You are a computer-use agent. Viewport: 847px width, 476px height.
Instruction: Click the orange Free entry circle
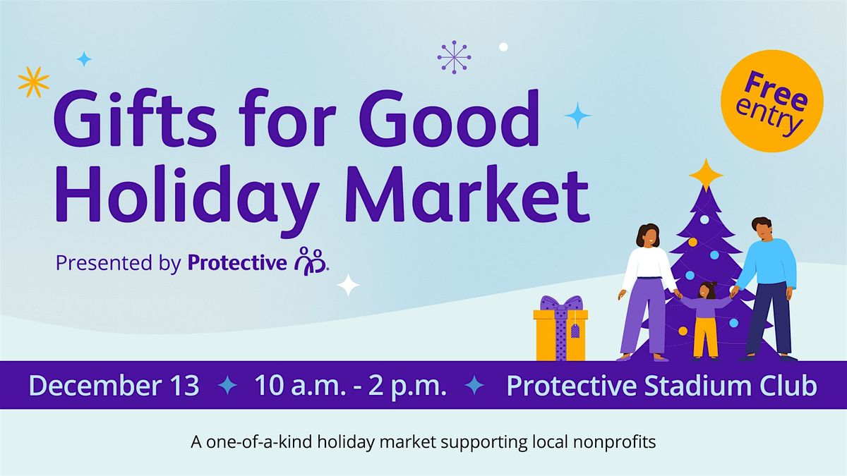(x=772, y=97)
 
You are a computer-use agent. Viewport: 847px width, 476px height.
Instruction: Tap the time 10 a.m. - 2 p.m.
(x=350, y=386)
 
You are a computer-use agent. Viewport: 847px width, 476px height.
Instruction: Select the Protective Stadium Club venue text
(x=662, y=386)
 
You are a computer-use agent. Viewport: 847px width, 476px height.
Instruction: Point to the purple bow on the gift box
(x=561, y=303)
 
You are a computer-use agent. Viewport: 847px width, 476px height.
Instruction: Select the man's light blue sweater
(x=768, y=263)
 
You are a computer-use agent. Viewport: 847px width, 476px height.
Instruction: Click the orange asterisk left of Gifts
(x=33, y=81)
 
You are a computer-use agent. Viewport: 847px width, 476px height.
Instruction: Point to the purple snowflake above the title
(x=454, y=56)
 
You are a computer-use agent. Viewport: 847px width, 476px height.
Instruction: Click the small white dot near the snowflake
(x=503, y=47)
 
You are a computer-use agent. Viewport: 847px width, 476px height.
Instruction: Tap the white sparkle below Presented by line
(x=348, y=285)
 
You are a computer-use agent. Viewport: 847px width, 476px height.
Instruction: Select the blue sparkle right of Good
(x=577, y=115)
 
